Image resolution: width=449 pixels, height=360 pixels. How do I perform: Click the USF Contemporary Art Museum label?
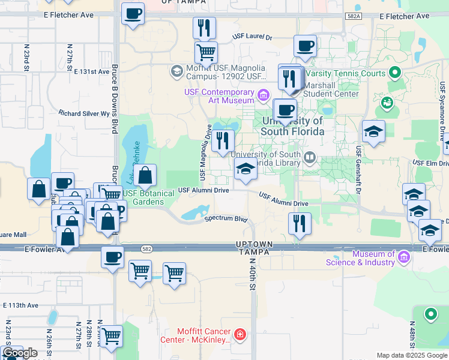(x=220, y=97)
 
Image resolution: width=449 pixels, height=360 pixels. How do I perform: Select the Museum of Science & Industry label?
(x=360, y=258)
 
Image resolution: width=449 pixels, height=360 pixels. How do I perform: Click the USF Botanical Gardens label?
(x=143, y=197)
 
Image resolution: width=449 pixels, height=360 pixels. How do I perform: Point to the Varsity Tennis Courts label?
(x=354, y=74)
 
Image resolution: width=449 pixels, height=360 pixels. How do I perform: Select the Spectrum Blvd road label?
(x=226, y=219)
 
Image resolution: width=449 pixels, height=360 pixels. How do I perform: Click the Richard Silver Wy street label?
(x=84, y=113)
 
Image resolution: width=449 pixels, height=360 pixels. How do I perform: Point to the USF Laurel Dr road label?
(x=253, y=37)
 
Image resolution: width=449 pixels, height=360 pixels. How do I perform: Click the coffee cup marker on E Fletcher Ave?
(x=133, y=13)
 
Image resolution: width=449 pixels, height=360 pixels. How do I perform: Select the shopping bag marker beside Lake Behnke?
(x=145, y=175)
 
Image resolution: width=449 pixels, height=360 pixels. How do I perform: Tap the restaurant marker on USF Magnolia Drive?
(x=223, y=141)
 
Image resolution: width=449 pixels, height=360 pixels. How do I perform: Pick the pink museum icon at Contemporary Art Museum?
(x=263, y=95)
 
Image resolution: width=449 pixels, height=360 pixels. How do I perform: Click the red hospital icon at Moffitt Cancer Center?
(x=240, y=334)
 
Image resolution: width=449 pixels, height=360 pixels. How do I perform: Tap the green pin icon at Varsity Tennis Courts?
(x=394, y=74)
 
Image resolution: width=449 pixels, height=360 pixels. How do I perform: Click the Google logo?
(x=20, y=353)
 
